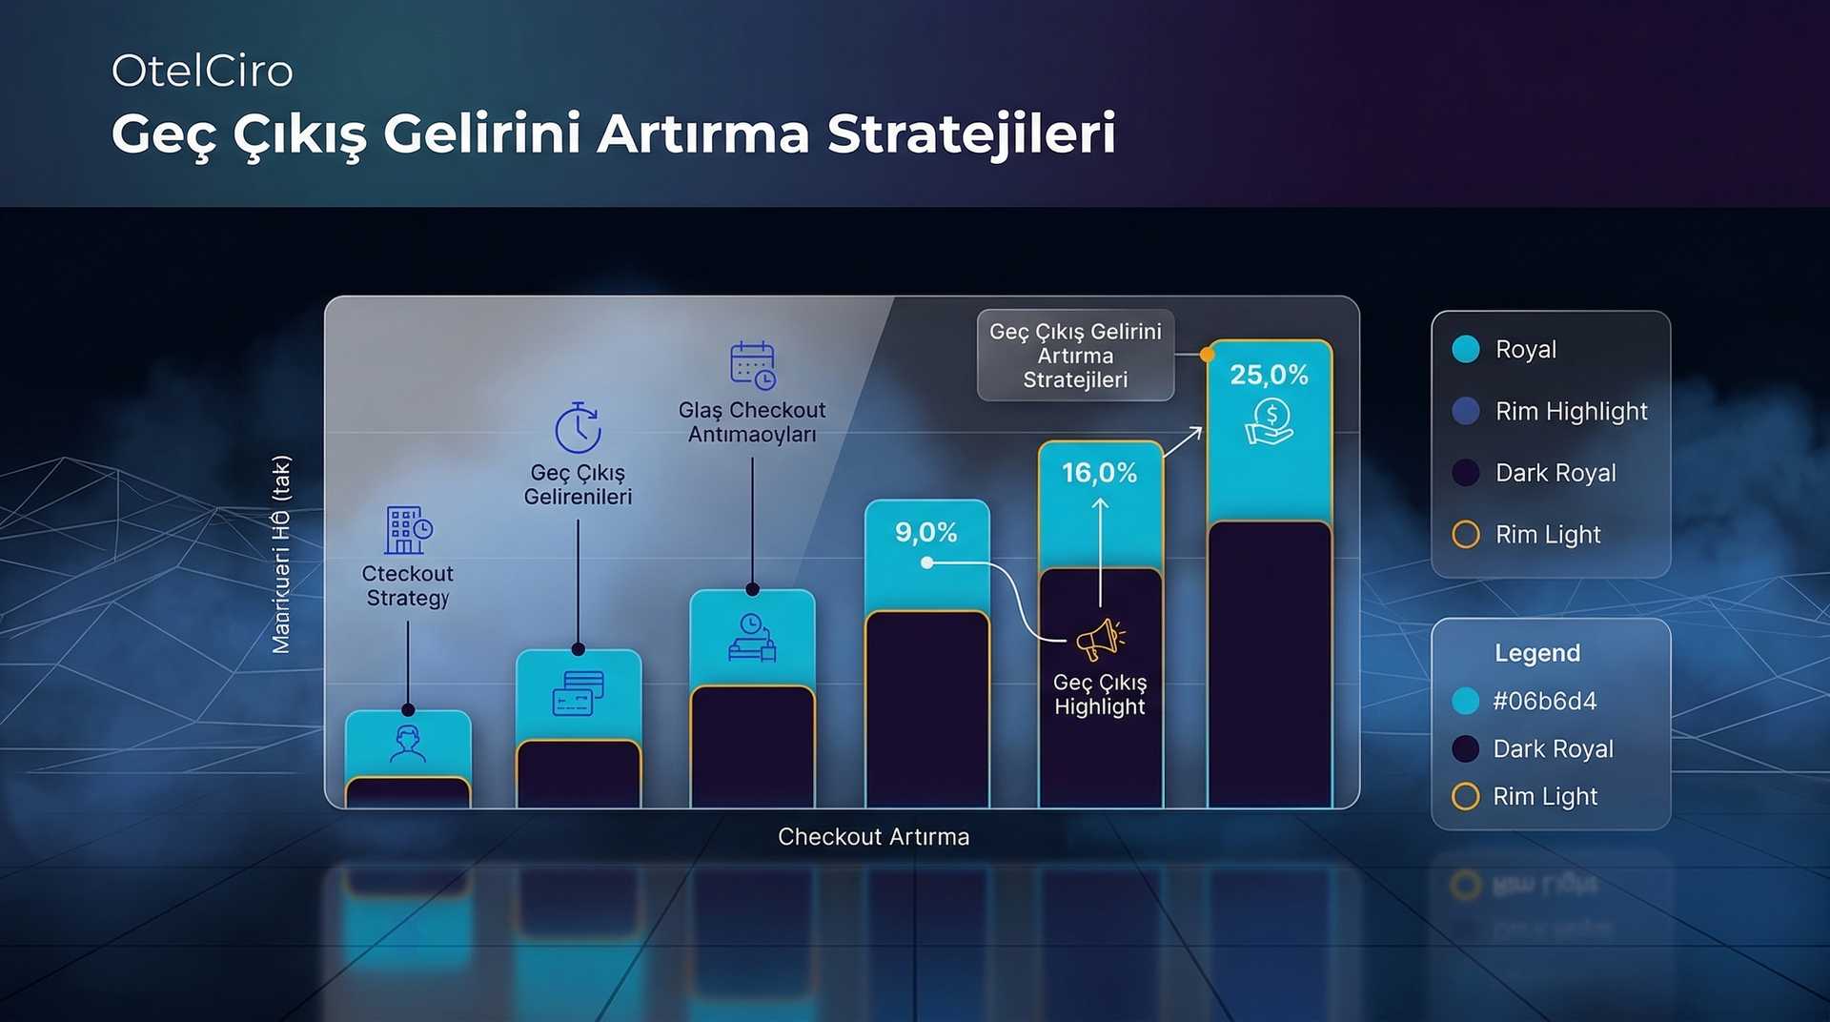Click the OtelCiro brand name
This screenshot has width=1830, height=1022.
[202, 72]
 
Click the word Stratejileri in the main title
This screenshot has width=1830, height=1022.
[971, 133]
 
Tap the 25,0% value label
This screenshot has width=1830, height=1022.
[1269, 375]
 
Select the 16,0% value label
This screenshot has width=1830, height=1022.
[1099, 473]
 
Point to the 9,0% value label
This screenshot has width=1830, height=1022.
[925, 532]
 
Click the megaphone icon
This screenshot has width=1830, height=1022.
[1099, 640]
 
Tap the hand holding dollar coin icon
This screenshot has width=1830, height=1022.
[1269, 421]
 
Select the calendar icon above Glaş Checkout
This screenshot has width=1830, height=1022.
[752, 365]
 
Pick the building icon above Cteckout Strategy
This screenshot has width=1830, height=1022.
[408, 530]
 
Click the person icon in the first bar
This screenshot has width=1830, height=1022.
[408, 744]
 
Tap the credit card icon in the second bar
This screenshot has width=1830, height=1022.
[578, 693]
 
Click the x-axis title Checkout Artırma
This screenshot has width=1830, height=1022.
[873, 837]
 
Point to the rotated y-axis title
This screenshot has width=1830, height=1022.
[281, 554]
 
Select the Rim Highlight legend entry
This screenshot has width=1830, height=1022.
[1571, 411]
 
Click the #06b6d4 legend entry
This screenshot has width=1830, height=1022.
[1544, 702]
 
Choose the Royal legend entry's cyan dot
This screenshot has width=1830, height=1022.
[1466, 349]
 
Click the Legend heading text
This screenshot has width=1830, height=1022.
[1536, 653]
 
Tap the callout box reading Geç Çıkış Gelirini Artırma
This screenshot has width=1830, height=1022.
[1075, 356]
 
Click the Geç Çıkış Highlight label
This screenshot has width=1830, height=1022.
[1099, 695]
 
